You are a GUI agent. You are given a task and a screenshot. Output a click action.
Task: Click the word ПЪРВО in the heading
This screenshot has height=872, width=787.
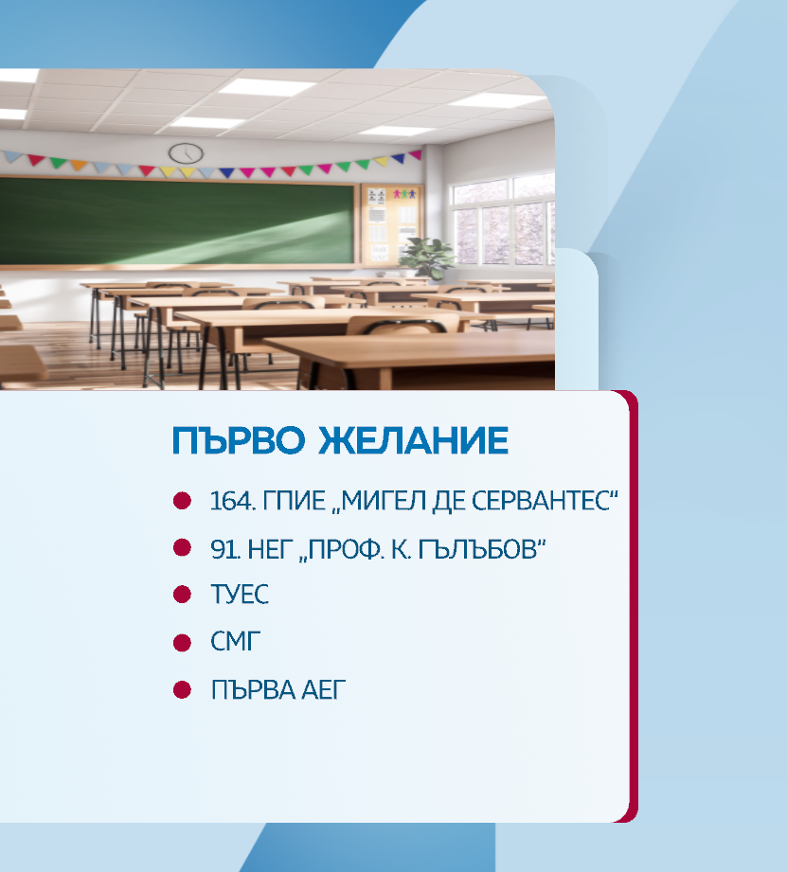[x=239, y=440]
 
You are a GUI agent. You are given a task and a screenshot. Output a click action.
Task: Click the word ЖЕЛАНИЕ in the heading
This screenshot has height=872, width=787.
[x=413, y=440]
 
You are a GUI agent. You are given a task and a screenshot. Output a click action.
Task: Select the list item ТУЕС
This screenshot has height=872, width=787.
[x=240, y=595]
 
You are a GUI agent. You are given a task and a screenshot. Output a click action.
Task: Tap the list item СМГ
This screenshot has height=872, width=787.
[x=235, y=642]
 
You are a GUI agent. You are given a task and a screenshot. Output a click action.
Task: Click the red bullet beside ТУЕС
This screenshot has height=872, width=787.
[x=182, y=595]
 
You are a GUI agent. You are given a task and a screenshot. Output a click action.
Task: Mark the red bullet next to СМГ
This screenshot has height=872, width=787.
[x=182, y=643]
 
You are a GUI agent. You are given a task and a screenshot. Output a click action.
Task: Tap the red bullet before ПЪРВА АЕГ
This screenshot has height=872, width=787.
[x=182, y=690]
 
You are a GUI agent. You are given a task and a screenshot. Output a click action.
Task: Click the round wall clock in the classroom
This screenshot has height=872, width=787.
[x=186, y=153]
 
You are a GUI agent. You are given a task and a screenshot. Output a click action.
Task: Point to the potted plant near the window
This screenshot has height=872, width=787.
[x=426, y=258]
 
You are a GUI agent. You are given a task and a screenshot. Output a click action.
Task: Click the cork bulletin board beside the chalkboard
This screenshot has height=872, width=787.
[x=391, y=223]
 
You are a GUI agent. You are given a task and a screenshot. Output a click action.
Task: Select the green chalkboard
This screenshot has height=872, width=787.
[x=177, y=222]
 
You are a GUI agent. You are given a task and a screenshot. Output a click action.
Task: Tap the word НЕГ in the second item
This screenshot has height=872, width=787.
[x=270, y=549]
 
